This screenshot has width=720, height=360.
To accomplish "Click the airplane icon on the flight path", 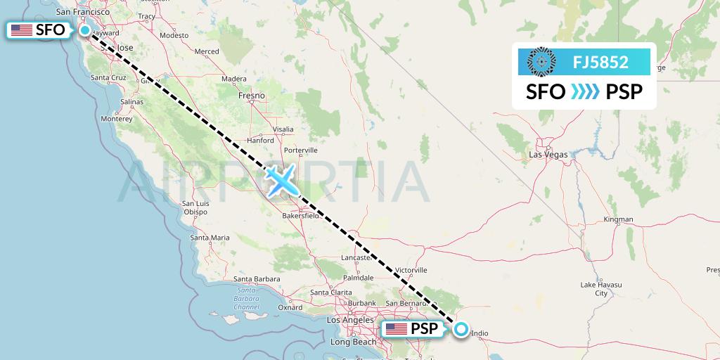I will [x=283, y=181].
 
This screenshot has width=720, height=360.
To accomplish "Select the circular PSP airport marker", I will [x=461, y=328].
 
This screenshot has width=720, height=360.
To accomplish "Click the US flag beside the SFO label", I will [x=22, y=30].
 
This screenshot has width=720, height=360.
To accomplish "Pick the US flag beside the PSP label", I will [x=396, y=328].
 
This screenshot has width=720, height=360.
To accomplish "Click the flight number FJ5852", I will [x=600, y=62].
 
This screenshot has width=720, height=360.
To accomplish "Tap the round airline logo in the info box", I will [x=541, y=62].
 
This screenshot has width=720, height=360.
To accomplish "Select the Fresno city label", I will [x=252, y=95].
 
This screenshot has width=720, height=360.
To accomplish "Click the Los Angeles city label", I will [x=350, y=319].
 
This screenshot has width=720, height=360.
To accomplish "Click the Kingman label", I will [x=618, y=219].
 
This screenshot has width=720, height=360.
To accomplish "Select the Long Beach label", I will [x=353, y=342].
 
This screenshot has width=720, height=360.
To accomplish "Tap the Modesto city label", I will [x=174, y=34].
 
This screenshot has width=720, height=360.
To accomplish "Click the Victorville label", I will [x=411, y=270].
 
